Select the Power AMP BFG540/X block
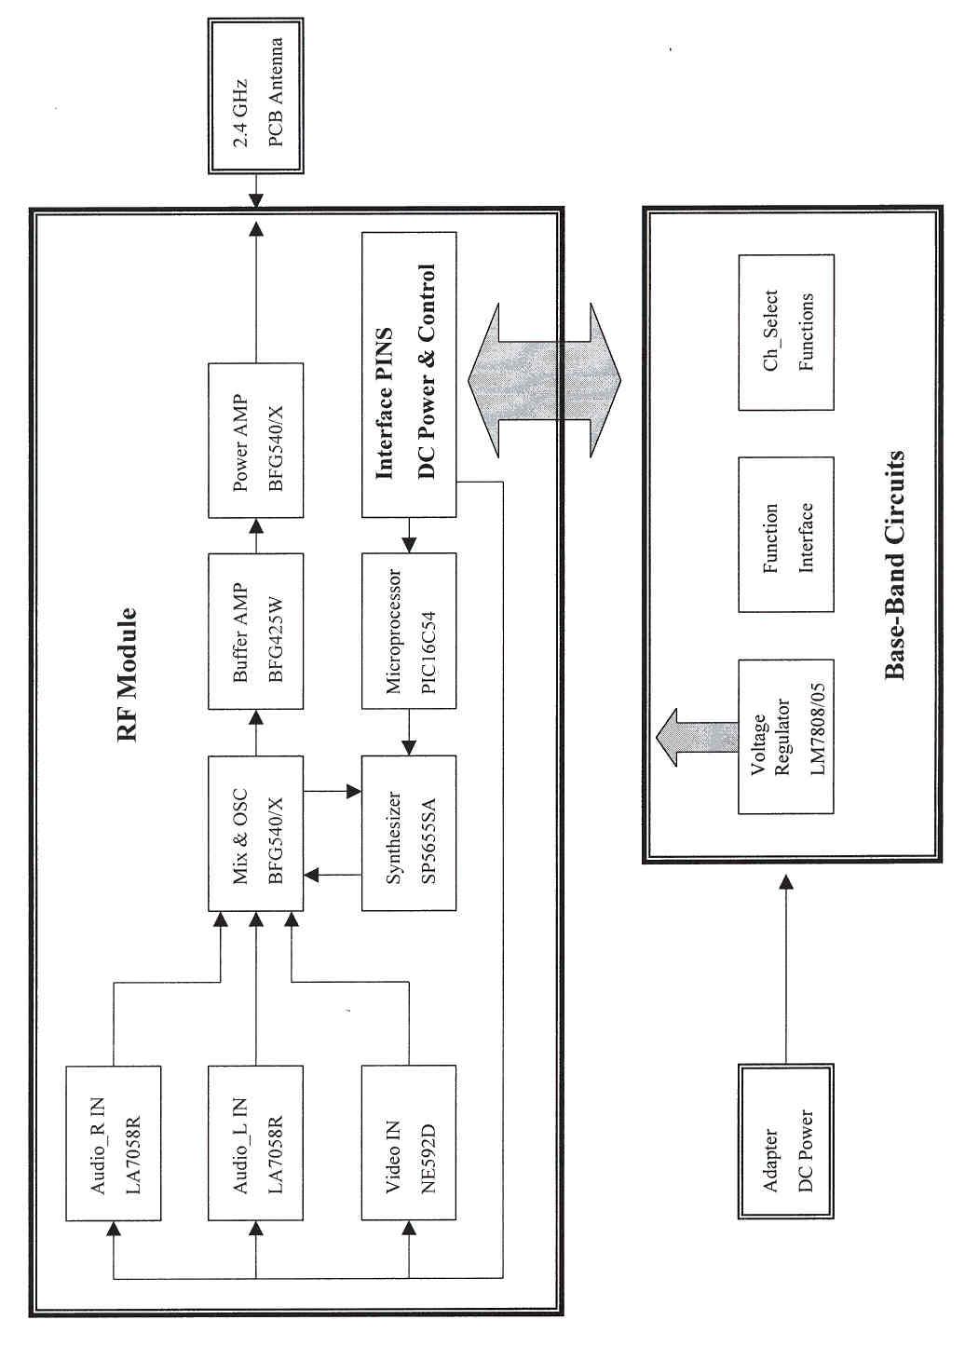pos(255,441)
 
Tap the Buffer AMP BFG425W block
pos(255,631)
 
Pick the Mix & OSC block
pos(255,833)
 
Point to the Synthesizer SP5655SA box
pos(409,833)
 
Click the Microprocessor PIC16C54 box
pos(409,631)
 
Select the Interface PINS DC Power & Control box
pos(409,374)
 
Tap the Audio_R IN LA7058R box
pos(114,1143)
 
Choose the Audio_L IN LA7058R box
pos(255,1143)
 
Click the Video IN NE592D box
pos(409,1143)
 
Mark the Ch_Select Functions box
pos(786,333)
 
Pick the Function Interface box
pos(786,535)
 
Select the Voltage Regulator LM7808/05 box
pos(786,737)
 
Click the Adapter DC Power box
pos(786,1141)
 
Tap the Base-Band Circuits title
pos(895,566)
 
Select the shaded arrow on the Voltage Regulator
pos(690,737)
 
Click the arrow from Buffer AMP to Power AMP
pos(255,536)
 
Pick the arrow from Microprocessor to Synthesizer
pos(409,731)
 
